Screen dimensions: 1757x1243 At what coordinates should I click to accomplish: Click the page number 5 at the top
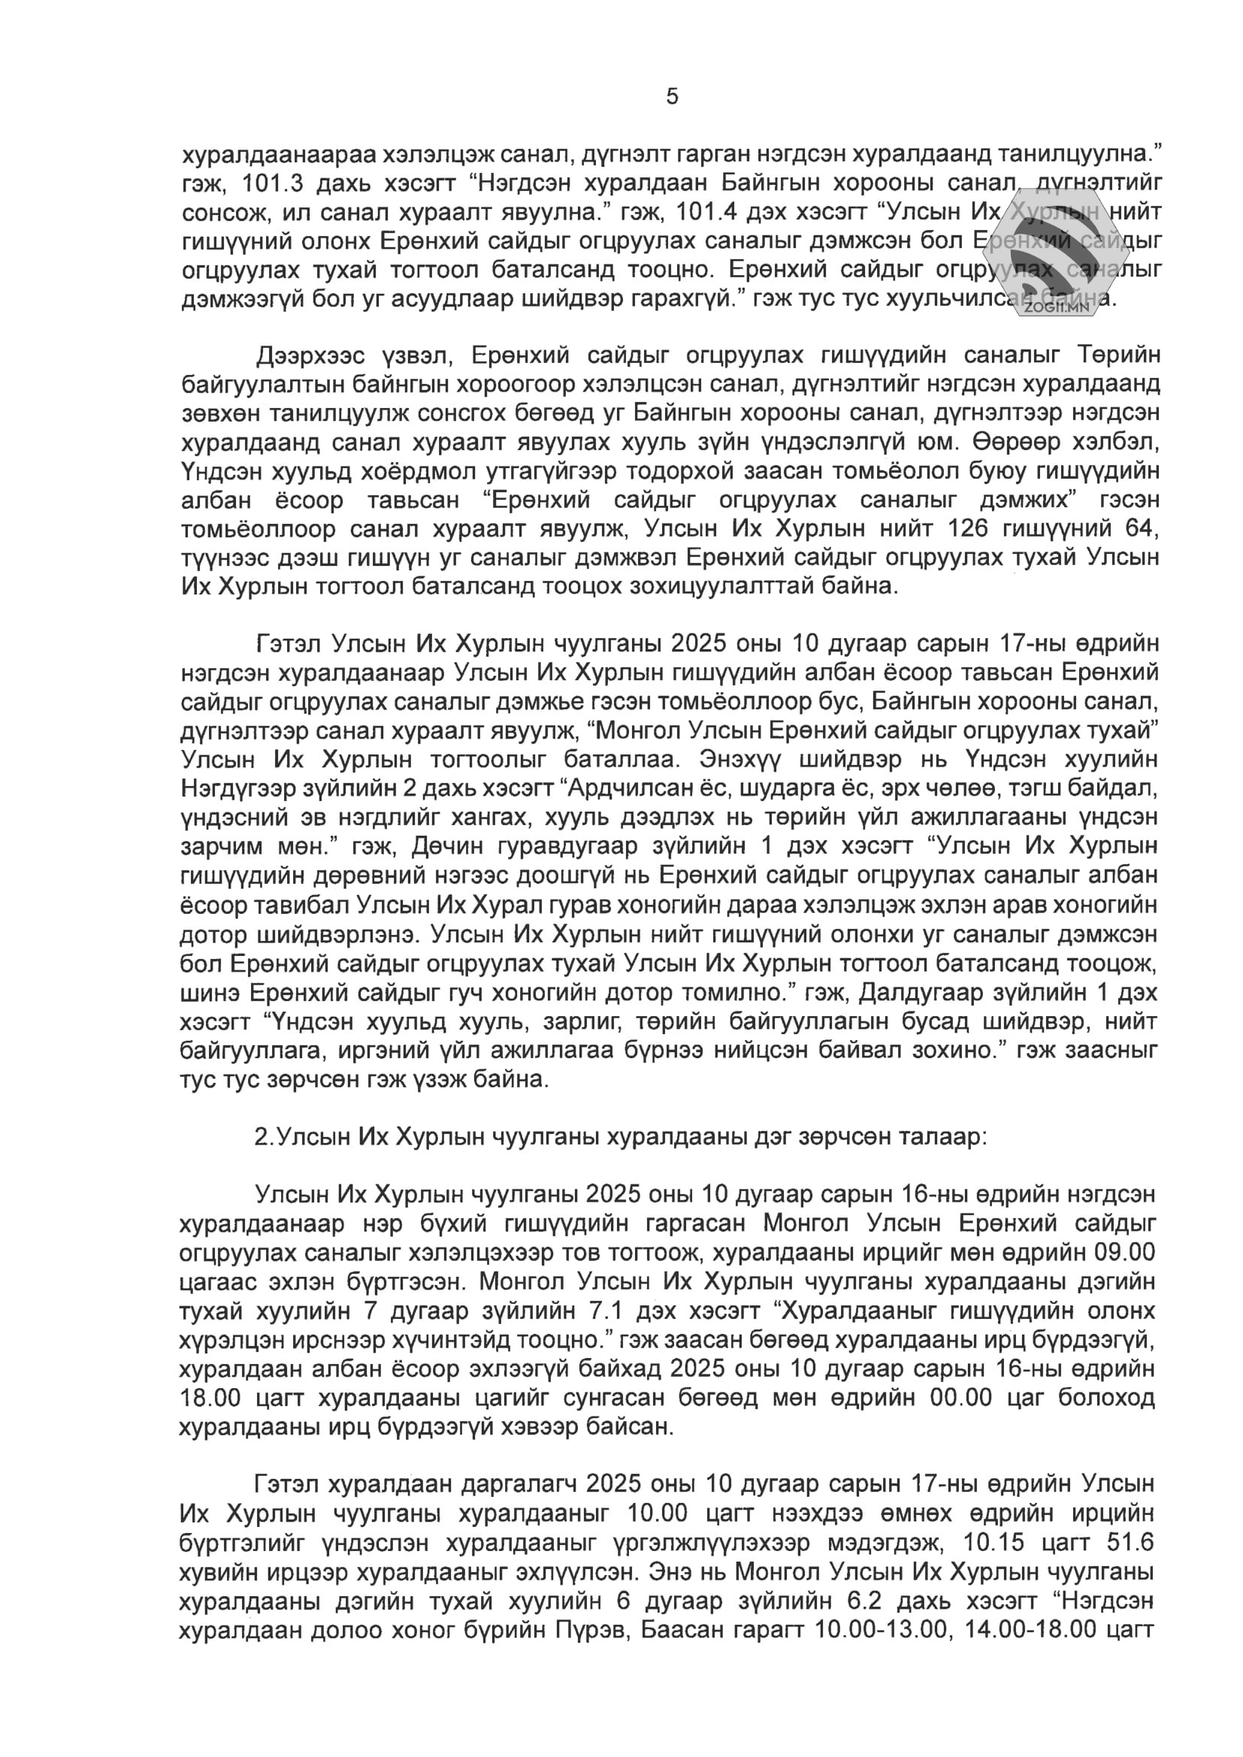pos(672,97)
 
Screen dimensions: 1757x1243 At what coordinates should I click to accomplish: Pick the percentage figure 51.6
pos(1125,1542)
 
